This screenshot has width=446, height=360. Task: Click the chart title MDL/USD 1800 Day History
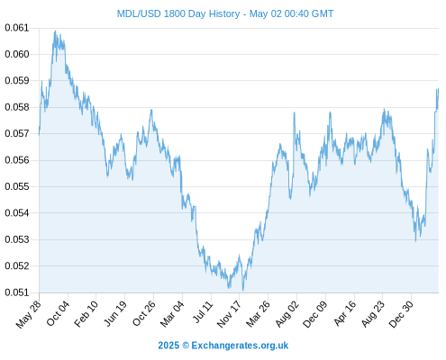tap(178, 13)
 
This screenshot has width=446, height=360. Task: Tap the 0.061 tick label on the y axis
tap(17, 28)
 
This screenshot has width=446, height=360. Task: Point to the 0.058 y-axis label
tap(17, 107)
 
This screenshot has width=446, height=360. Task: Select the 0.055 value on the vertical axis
tap(17, 186)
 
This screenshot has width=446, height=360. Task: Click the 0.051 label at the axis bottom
tap(17, 292)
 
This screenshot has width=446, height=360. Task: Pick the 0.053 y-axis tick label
tap(17, 239)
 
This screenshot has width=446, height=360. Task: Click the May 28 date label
tap(28, 314)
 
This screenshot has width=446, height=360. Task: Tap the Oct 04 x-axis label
tap(58, 313)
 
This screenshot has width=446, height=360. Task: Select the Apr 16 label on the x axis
tap(344, 313)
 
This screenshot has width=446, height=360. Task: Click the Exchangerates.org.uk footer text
tap(240, 346)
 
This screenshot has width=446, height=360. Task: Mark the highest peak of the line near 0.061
tap(55, 31)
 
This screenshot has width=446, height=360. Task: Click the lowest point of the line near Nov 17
tap(242, 291)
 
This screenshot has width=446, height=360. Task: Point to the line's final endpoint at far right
tap(439, 89)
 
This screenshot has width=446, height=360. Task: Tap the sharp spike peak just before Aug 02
tap(295, 112)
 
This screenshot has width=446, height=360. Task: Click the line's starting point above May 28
tap(39, 135)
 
